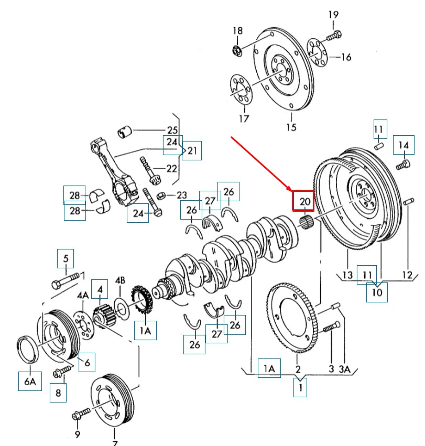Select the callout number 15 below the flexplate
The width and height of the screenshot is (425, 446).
[x=291, y=127]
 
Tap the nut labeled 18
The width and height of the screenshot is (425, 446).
[x=237, y=50]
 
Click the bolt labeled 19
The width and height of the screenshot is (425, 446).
[x=333, y=37]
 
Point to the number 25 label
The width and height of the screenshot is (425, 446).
[x=172, y=130]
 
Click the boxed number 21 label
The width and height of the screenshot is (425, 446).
[x=192, y=151]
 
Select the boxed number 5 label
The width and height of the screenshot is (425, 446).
[x=66, y=258]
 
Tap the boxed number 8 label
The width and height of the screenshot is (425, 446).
[x=58, y=392]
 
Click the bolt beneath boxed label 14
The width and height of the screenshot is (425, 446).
[x=403, y=165]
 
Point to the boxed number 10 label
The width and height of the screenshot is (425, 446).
[x=377, y=292]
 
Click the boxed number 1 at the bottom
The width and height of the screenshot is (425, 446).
[x=300, y=387]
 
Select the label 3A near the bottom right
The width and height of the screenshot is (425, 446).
[x=344, y=369]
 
